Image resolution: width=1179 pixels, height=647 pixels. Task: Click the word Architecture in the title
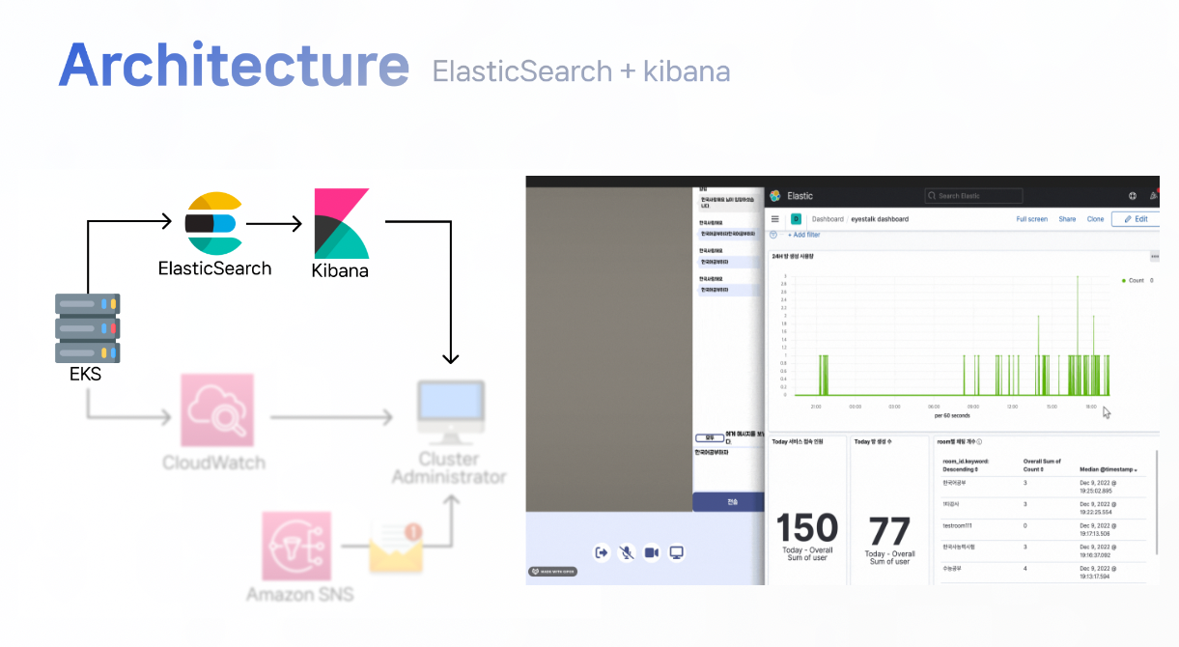pyautogui.click(x=233, y=66)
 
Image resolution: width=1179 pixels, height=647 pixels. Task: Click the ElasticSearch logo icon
pyautogui.click(x=213, y=224)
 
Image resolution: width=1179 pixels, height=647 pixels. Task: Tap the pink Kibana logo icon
pyautogui.click(x=342, y=223)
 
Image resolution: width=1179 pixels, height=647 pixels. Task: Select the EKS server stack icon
pyautogui.click(x=87, y=327)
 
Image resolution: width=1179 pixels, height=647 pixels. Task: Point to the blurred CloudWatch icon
pyautogui.click(x=216, y=411)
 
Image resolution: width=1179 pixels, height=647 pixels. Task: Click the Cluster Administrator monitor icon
pyautogui.click(x=450, y=412)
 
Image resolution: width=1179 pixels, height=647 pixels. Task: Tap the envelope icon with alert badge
pyautogui.click(x=397, y=547)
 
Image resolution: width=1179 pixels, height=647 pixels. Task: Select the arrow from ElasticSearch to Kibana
pyautogui.click(x=275, y=224)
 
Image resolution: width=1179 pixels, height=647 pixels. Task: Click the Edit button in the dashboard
pyautogui.click(x=1135, y=219)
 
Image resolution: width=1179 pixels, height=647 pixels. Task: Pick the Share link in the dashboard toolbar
pyautogui.click(x=1067, y=219)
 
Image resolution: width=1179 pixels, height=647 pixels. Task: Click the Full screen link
pyautogui.click(x=1031, y=219)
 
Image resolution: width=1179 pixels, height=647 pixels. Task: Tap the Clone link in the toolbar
pyautogui.click(x=1095, y=219)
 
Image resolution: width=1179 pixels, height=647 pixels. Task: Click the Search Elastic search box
pyautogui.click(x=972, y=196)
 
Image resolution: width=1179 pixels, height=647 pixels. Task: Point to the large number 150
pyautogui.click(x=807, y=529)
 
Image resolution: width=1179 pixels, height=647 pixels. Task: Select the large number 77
pyautogui.click(x=889, y=532)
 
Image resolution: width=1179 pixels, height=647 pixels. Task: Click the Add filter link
pyautogui.click(x=804, y=235)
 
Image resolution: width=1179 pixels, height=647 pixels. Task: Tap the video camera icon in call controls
pyautogui.click(x=652, y=552)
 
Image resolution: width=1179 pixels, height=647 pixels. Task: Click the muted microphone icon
pyautogui.click(x=627, y=552)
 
